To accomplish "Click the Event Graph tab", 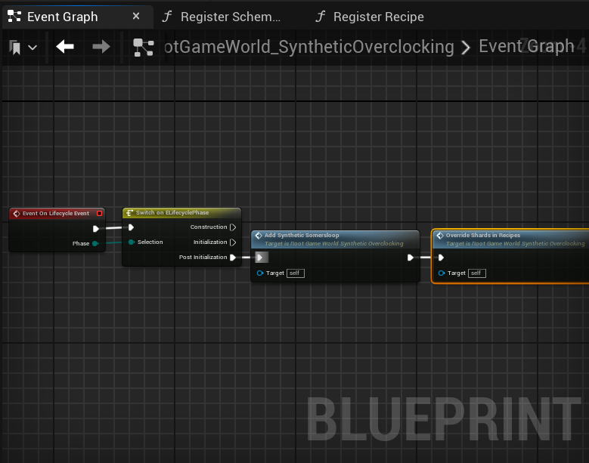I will coord(62,17).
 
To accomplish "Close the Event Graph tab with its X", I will coord(136,16).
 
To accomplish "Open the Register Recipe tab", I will coord(378,17).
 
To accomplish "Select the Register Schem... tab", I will coord(230,17).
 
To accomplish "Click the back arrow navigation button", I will coord(65,47).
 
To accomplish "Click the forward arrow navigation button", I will coord(101,47).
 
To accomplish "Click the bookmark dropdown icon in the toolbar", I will coord(23,48).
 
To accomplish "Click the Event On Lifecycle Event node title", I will coord(56,214).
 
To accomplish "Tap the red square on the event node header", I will coord(99,214).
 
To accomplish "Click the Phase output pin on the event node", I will coord(95,243).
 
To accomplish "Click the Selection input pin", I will coord(131,242).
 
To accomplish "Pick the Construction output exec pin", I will coord(233,227).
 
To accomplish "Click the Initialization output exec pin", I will coord(233,242).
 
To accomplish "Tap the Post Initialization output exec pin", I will coord(233,258).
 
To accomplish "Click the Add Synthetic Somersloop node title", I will coord(302,236).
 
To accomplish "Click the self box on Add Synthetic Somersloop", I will coord(296,273).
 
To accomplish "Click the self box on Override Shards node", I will coord(476,273).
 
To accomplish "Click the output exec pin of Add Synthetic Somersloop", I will coord(410,258).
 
